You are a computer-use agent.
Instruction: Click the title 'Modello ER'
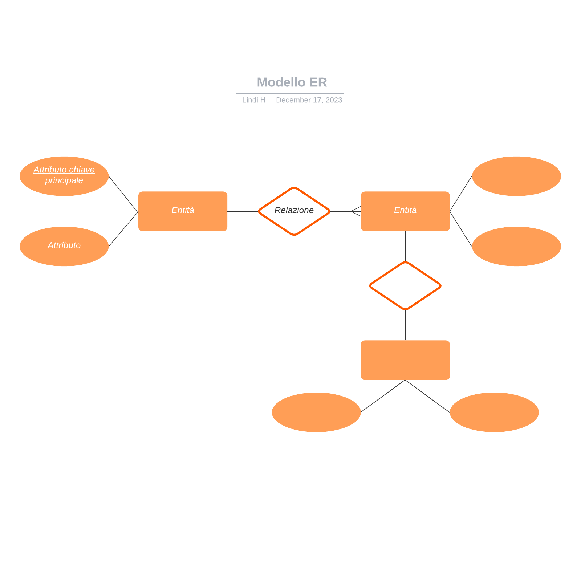(x=292, y=82)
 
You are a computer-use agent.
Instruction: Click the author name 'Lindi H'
(x=254, y=100)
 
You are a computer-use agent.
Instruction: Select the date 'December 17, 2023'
(x=309, y=100)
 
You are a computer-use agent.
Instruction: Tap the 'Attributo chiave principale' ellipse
(x=64, y=176)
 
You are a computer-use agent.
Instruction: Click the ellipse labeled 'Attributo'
(x=64, y=246)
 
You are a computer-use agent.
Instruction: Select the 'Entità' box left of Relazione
(x=183, y=211)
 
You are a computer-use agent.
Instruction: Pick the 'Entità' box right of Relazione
(x=405, y=211)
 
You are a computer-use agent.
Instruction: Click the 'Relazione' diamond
(x=294, y=211)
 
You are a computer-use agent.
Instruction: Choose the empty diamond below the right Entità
(x=405, y=286)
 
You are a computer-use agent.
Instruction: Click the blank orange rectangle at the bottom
(x=405, y=360)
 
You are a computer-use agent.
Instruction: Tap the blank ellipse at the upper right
(x=516, y=176)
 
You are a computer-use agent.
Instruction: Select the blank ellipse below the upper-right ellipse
(x=516, y=246)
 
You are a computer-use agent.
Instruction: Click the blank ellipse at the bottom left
(x=316, y=412)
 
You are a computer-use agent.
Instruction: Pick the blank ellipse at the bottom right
(x=494, y=412)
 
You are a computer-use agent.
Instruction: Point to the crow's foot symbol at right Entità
(x=356, y=211)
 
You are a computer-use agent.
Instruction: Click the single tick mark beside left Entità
(x=237, y=211)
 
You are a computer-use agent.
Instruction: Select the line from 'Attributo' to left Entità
(x=123, y=229)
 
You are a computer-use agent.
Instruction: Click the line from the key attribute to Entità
(x=123, y=194)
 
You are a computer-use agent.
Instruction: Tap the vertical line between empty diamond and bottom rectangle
(x=405, y=325)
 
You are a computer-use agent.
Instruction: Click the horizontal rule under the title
(x=290, y=93)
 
